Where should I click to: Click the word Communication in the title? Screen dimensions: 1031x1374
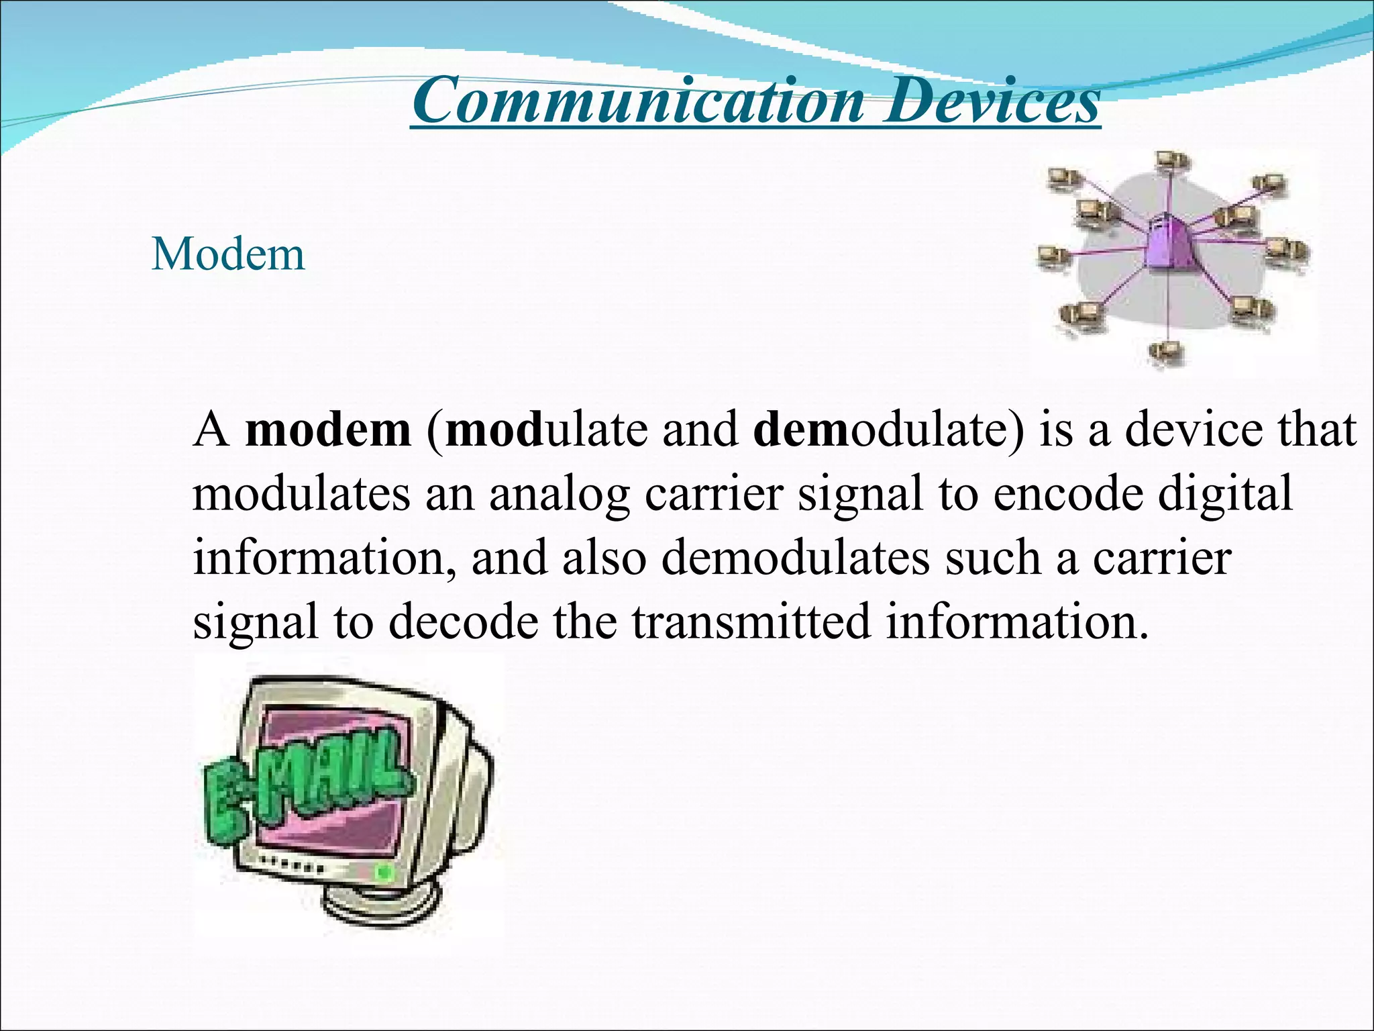click(x=637, y=101)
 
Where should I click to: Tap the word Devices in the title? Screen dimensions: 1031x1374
click(x=992, y=101)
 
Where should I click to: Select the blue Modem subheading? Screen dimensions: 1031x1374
click(x=228, y=255)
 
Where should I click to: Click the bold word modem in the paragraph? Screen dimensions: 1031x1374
click(x=328, y=430)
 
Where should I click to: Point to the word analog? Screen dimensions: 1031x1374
click(x=560, y=493)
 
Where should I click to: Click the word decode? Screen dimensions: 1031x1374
click(x=463, y=622)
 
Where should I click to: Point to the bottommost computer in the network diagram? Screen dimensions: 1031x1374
click(x=1167, y=352)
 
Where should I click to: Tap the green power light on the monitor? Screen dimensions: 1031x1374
click(x=384, y=873)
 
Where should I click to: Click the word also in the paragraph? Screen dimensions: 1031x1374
click(x=604, y=558)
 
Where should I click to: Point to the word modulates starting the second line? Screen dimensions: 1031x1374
click(x=301, y=493)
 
